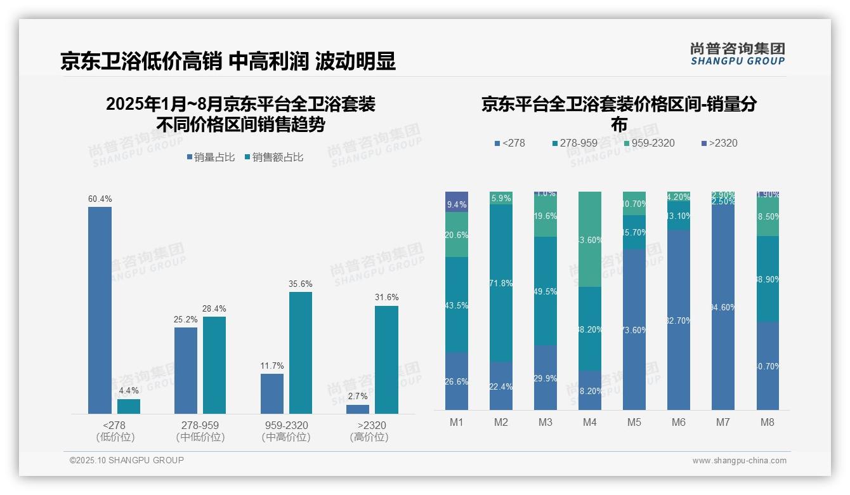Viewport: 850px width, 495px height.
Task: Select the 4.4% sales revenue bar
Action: tap(129, 406)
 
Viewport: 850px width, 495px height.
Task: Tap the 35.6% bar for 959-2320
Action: tap(301, 353)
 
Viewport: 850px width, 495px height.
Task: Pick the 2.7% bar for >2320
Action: tap(358, 409)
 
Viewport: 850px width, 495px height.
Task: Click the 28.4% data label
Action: tap(214, 308)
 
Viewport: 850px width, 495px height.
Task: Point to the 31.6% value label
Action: tap(386, 298)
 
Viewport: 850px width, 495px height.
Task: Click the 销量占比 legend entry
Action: tap(211, 157)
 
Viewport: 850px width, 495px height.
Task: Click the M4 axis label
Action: tap(589, 423)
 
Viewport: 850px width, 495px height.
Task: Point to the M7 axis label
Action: tap(723, 423)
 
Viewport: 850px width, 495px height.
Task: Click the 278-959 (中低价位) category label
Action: tap(200, 431)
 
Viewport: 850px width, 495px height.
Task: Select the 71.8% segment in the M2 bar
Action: tap(500, 283)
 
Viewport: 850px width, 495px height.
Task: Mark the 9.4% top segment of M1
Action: tap(457, 201)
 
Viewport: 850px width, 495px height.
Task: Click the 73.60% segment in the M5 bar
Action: tap(634, 329)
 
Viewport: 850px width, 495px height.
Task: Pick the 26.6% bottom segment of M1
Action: tap(457, 381)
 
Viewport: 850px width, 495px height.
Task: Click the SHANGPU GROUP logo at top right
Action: tap(737, 53)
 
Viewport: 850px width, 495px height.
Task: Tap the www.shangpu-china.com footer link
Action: tap(739, 461)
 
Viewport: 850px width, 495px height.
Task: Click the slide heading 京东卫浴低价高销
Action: tap(141, 61)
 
